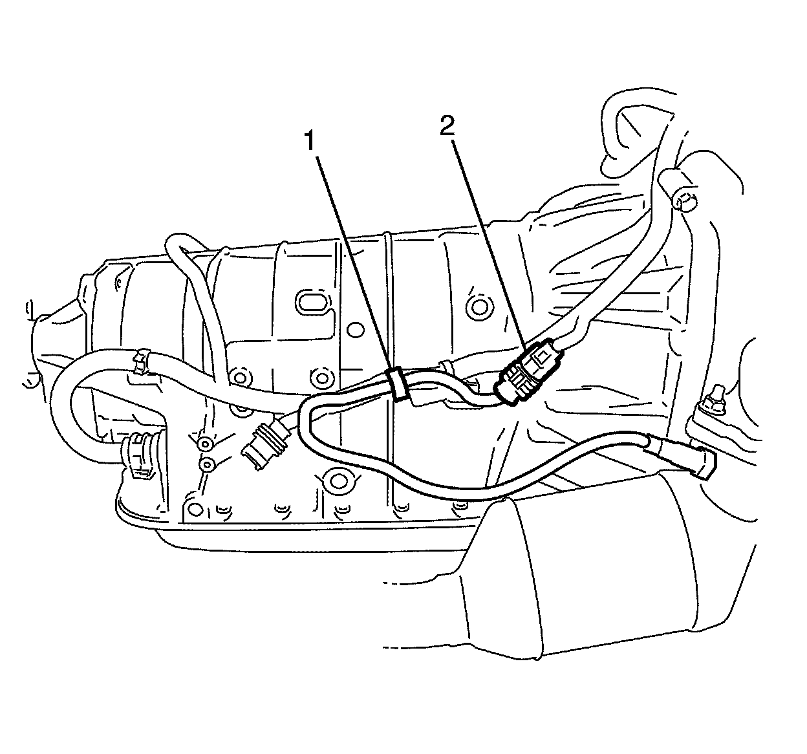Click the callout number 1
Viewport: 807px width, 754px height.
tap(310, 140)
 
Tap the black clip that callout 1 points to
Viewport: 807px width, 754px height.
tap(396, 385)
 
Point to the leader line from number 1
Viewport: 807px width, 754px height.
tap(352, 259)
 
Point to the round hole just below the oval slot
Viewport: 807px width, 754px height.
tap(352, 330)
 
